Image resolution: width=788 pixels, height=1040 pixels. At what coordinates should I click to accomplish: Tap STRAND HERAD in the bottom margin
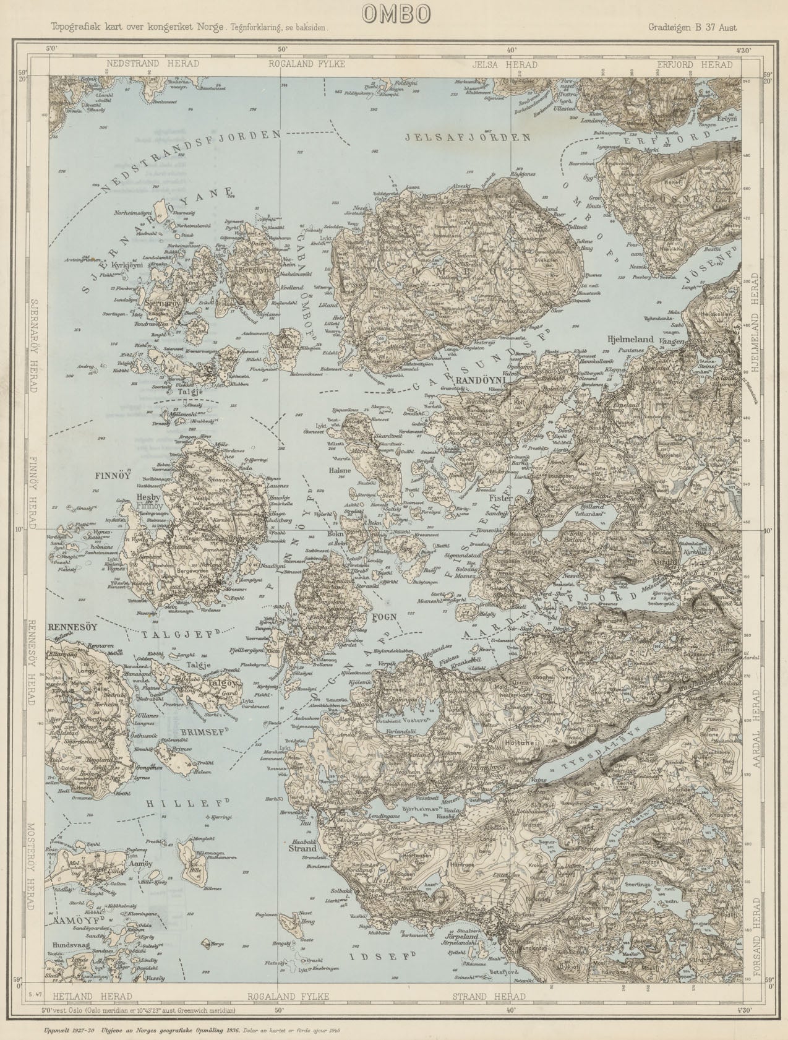489,996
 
